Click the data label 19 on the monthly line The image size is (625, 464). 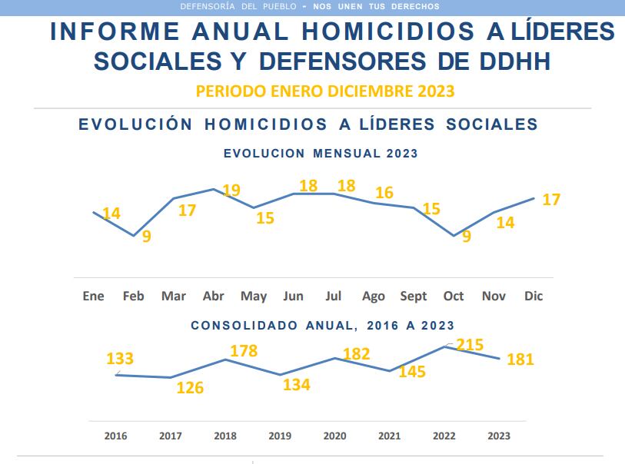click(x=231, y=190)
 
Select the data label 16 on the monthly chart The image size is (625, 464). click(x=384, y=192)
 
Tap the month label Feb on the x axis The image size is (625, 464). click(x=133, y=296)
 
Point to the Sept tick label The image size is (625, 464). click(x=414, y=296)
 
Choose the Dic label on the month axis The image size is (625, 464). click(x=533, y=296)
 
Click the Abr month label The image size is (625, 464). click(x=213, y=296)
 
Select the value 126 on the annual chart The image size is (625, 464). click(x=189, y=388)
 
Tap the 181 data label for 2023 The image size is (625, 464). click(x=520, y=359)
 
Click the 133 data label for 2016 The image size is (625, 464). click(x=120, y=358)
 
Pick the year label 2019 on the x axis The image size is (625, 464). click(x=280, y=436)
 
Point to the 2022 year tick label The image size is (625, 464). click(x=444, y=436)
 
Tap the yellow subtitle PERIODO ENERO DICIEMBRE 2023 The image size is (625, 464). click(x=325, y=91)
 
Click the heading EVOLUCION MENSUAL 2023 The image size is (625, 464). click(x=321, y=153)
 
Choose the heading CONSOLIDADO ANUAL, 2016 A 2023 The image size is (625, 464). click(x=322, y=325)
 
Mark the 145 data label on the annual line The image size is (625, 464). click(x=412, y=372)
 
